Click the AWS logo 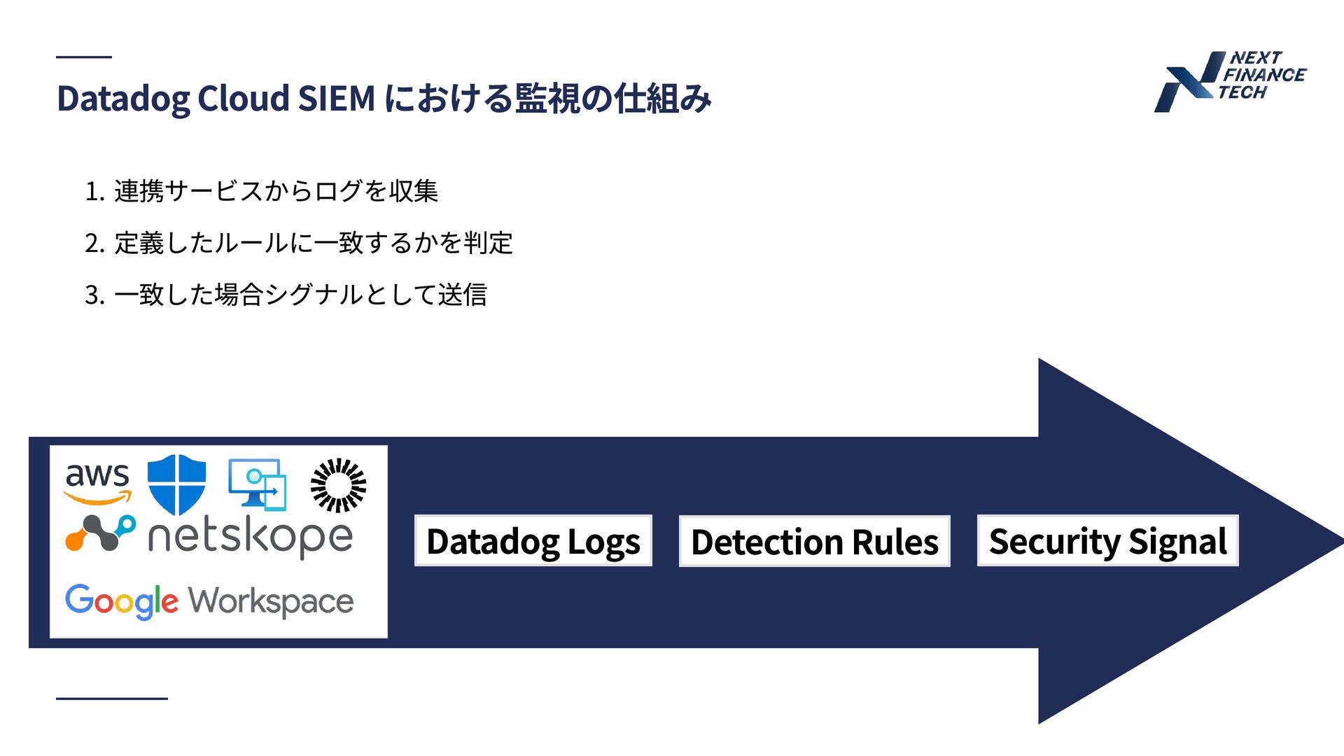tap(98, 482)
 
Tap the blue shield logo tap(177, 484)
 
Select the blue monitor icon tap(258, 484)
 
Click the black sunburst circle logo tap(338, 484)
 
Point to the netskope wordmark tap(250, 538)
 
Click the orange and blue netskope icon tap(100, 533)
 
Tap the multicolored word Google tap(122, 601)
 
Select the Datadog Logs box tap(533, 541)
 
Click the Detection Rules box tap(814, 541)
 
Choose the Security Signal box tap(1107, 541)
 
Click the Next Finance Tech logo tap(1230, 80)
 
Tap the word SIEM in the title tap(337, 98)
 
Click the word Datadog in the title tap(123, 99)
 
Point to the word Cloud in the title tap(244, 98)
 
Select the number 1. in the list tap(94, 191)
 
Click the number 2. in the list tap(94, 244)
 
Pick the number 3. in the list tap(94, 295)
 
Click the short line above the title tap(84, 57)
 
